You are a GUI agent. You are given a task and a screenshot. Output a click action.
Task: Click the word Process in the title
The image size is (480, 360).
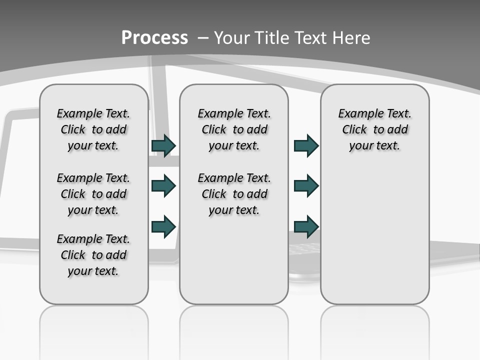pyautogui.click(x=154, y=38)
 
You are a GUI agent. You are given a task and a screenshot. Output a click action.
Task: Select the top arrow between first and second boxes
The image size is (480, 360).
pyautogui.click(x=163, y=145)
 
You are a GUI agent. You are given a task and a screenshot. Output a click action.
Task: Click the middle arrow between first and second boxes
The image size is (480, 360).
pyautogui.click(x=163, y=186)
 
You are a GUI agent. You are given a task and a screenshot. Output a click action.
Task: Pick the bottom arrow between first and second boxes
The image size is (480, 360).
pyautogui.click(x=163, y=226)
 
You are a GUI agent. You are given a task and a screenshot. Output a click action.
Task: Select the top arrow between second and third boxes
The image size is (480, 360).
pyautogui.click(x=306, y=145)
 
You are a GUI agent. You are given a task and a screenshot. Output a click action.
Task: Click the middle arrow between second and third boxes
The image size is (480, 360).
pyautogui.click(x=306, y=186)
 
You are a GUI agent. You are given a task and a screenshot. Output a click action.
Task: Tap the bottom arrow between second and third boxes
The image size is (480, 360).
pyautogui.click(x=306, y=226)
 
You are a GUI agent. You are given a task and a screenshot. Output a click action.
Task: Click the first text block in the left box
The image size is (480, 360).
pyautogui.click(x=93, y=129)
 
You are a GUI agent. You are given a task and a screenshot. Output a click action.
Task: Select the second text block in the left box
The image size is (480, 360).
pyautogui.click(x=93, y=194)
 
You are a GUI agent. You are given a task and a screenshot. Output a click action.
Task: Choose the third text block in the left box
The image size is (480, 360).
pyautogui.click(x=93, y=255)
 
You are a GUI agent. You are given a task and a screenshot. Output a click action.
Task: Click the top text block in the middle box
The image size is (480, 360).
pyautogui.click(x=234, y=129)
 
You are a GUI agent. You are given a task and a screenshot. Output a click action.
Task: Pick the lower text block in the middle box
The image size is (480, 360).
pyautogui.click(x=234, y=194)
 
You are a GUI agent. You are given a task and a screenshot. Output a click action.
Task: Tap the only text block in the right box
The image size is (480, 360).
pyautogui.click(x=374, y=129)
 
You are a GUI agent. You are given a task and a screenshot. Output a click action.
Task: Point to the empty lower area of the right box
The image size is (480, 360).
pyautogui.click(x=374, y=230)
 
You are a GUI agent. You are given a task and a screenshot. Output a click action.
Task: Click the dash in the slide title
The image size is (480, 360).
pyautogui.click(x=203, y=38)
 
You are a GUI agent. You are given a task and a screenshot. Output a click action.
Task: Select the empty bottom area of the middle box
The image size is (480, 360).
pyautogui.click(x=234, y=265)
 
